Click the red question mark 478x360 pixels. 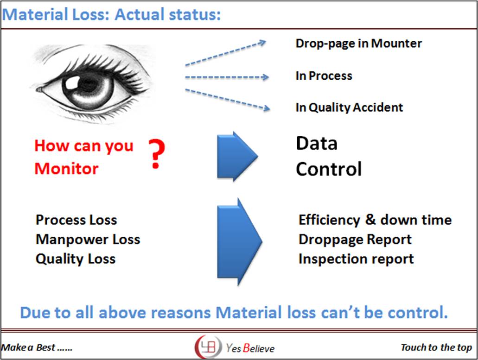(157, 155)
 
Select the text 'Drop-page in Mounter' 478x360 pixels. (358, 44)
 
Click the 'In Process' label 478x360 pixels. (324, 76)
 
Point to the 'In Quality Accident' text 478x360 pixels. (349, 107)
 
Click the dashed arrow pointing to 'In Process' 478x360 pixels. (227, 77)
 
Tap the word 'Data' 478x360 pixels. (317, 144)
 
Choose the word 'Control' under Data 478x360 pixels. (329, 169)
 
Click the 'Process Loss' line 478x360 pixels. (76, 220)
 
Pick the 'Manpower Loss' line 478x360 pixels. (88, 240)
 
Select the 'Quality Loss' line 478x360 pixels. (76, 259)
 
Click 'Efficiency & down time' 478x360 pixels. (375, 220)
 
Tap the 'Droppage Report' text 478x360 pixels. (355, 240)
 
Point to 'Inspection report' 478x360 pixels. (356, 259)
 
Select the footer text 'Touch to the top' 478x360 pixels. (436, 347)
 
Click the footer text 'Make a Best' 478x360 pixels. (29, 347)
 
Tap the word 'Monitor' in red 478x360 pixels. (66, 168)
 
